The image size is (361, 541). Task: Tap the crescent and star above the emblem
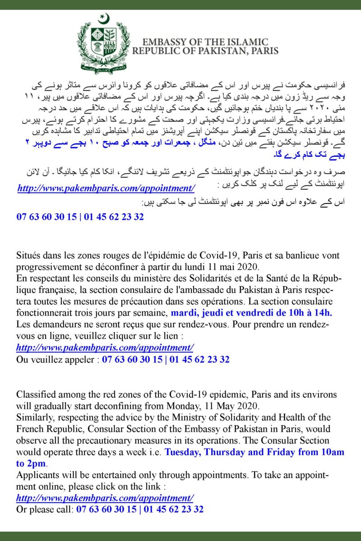[104, 19]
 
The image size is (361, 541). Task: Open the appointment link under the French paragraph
[105, 348]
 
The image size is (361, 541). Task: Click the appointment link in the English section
[105, 498]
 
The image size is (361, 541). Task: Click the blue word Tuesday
[182, 452]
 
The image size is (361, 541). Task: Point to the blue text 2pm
[37, 463]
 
